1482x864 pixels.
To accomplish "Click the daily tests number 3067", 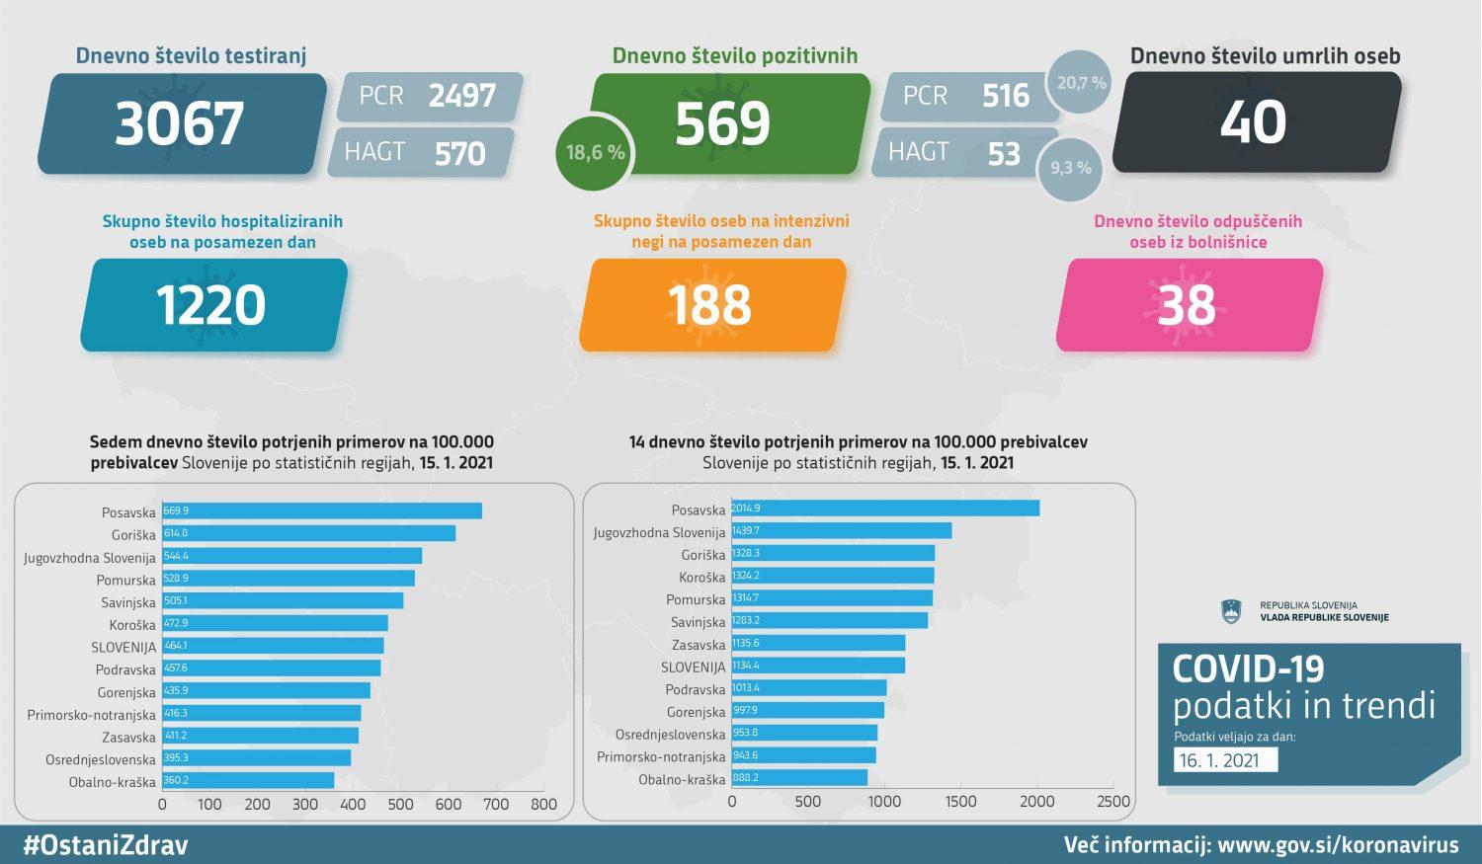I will pyautogui.click(x=180, y=123).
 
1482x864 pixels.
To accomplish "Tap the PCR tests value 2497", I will pyautogui.click(x=461, y=96).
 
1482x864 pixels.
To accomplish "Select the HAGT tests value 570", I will pyautogui.click(x=459, y=153).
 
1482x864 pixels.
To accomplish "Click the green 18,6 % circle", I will pyautogui.click(x=594, y=152).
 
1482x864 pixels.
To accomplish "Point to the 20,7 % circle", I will pyautogui.click(x=1081, y=83).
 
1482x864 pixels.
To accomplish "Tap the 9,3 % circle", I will pyautogui.click(x=1070, y=168).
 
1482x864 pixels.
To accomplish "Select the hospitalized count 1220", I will pyautogui.click(x=211, y=305).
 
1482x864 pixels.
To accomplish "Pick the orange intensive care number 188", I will pyautogui.click(x=710, y=305).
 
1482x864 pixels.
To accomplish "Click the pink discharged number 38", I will pyautogui.click(x=1187, y=305).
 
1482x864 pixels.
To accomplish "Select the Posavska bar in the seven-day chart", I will pyautogui.click(x=322, y=511).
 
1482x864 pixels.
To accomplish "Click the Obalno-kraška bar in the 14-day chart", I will pyautogui.click(x=799, y=778).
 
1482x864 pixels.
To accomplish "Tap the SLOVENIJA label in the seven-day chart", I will pyautogui.click(x=123, y=648).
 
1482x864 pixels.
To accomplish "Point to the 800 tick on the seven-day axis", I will pyautogui.click(x=543, y=804).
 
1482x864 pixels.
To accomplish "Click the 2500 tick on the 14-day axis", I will pyautogui.click(x=1112, y=802).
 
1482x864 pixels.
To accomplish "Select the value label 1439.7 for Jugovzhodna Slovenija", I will pyautogui.click(x=746, y=531).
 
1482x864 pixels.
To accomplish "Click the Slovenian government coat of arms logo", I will pyautogui.click(x=1230, y=612).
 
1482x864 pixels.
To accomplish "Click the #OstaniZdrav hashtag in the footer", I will pyautogui.click(x=106, y=845).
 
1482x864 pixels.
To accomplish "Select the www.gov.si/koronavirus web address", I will pyautogui.click(x=1338, y=845).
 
